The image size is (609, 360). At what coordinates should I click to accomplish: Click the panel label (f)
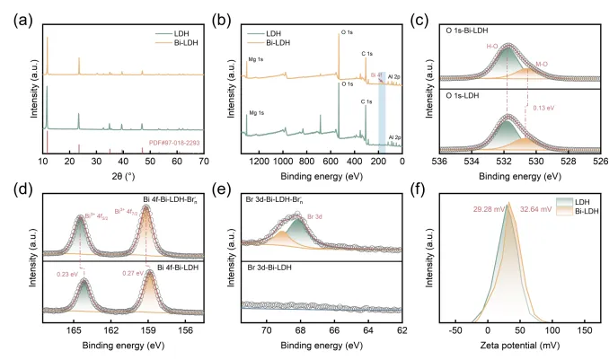coord(432,189)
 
